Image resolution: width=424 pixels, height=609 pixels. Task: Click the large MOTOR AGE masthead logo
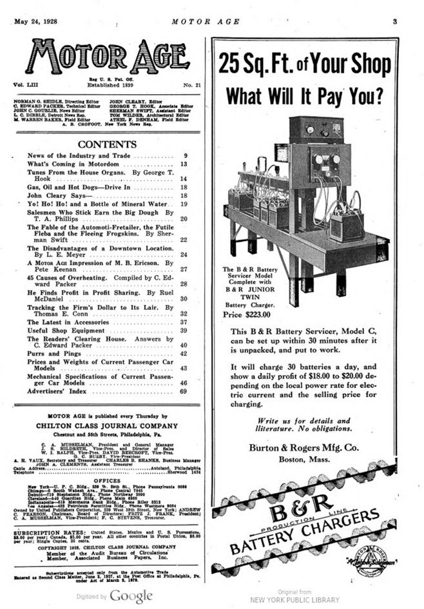109,57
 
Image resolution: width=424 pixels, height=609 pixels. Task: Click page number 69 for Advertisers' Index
184,391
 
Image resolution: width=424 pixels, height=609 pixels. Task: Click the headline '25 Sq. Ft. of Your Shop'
304,64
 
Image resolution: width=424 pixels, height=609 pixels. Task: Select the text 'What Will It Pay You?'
304,96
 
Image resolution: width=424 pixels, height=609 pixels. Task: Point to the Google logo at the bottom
131,596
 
